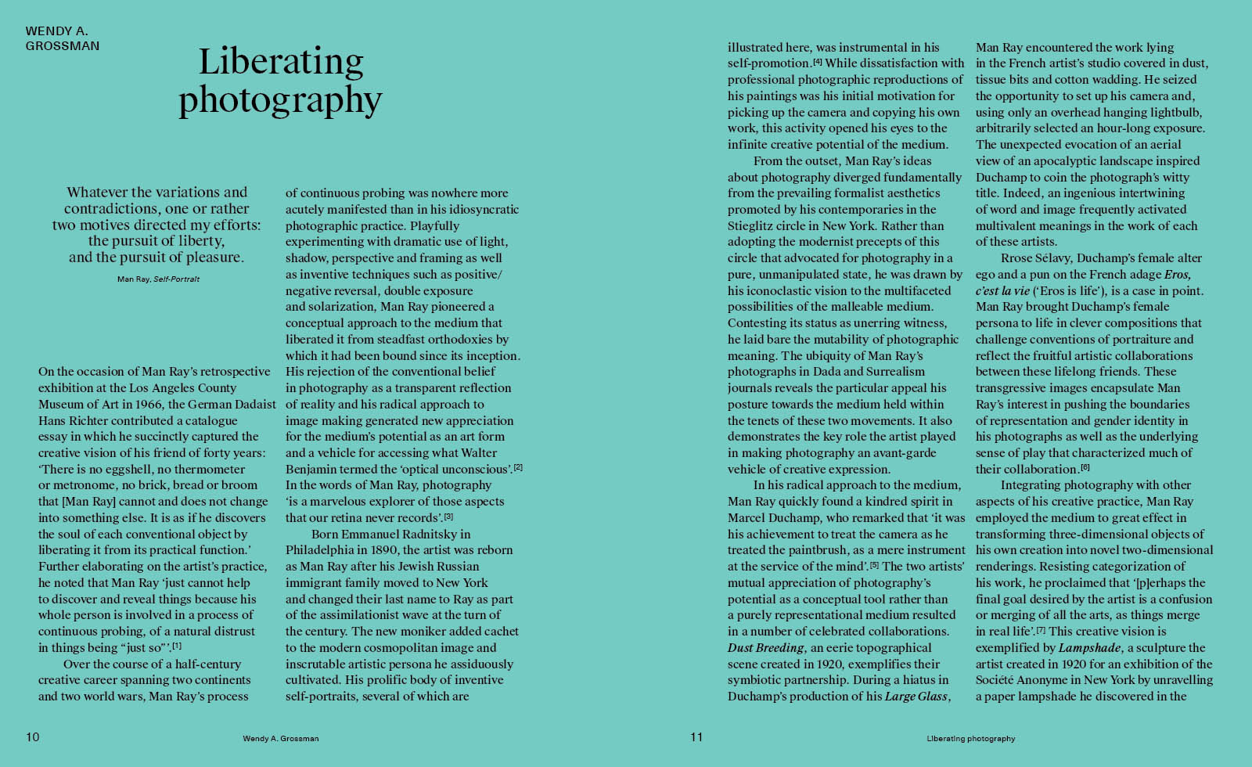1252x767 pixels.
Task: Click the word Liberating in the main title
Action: click(281, 63)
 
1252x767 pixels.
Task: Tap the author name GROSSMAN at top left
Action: click(63, 46)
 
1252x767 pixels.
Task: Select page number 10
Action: click(32, 736)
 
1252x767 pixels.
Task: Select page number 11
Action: click(696, 736)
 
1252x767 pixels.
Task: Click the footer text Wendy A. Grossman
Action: click(280, 738)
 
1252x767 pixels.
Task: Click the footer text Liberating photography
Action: click(970, 738)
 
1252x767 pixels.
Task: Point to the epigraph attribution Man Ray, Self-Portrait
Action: click(158, 279)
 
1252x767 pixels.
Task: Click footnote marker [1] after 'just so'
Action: click(177, 646)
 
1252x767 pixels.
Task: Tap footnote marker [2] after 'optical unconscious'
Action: click(517, 468)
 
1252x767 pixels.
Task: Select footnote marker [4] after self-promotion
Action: click(818, 62)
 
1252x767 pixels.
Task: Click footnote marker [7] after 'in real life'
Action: click(1041, 630)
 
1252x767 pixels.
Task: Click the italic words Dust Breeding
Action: click(765, 648)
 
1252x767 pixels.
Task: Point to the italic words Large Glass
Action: click(916, 697)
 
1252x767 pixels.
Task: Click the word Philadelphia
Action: click(322, 550)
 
